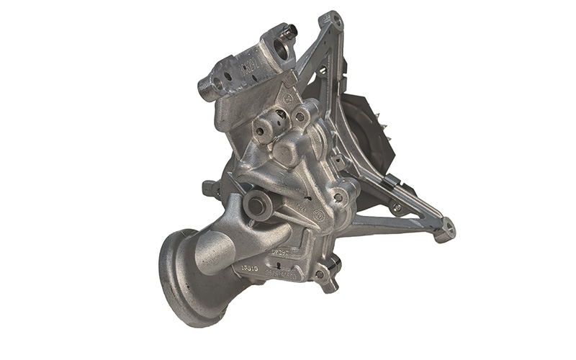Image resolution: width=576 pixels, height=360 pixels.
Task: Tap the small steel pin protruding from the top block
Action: [x=290, y=32]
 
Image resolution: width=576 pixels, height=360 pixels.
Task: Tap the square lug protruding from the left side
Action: [x=211, y=189]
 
